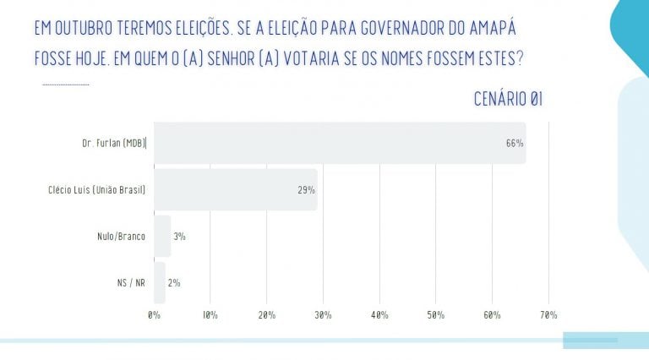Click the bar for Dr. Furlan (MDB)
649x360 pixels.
coord(338,143)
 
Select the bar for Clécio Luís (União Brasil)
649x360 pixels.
coord(235,189)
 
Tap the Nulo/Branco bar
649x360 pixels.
coord(162,236)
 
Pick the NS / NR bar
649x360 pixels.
coord(159,282)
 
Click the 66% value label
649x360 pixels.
coord(515,144)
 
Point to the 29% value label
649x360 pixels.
coord(306,190)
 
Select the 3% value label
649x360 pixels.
coord(179,237)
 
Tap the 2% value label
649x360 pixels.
coord(174,283)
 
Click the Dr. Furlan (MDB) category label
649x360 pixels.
coord(109,144)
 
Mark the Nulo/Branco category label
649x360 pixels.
coord(120,237)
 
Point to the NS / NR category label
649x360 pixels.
coord(129,283)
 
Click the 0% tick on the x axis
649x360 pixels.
coord(154,315)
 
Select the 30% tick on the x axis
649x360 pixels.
coord(323,315)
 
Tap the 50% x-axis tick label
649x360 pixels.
coord(435,315)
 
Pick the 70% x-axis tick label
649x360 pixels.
coord(548,315)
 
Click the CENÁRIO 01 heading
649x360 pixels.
coord(508,100)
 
